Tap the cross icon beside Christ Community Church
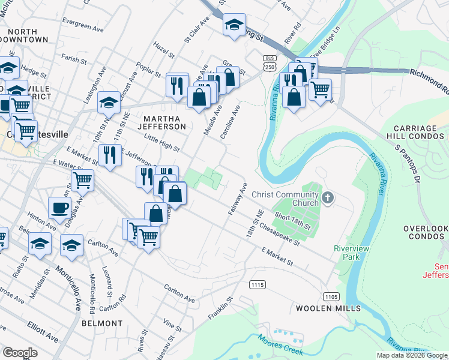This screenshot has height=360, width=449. point(328,197)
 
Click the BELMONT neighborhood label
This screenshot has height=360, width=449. point(102,323)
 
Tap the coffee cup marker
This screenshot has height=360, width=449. point(59,208)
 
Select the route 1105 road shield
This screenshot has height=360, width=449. point(331,296)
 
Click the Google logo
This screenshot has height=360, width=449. point(20,353)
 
